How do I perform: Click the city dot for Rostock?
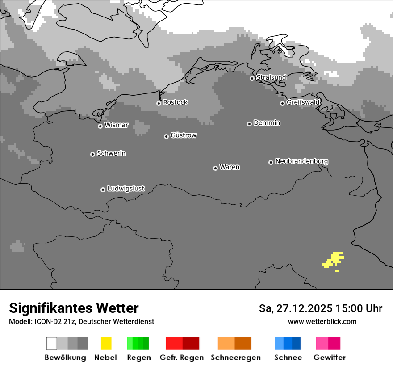tap(159, 103)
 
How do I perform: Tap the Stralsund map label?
tap(271, 77)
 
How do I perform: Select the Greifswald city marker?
tap(282, 103)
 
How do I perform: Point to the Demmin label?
tap(267, 122)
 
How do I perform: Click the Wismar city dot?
tap(100, 126)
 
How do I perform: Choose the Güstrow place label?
tap(184, 135)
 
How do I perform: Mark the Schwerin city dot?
tap(92, 154)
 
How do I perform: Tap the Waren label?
tap(230, 167)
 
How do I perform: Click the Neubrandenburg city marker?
tap(271, 162)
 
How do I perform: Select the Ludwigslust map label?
tap(125, 188)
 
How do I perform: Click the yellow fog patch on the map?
tap(333, 260)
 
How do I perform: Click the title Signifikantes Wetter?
tap(74, 308)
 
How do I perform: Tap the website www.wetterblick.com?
tap(322, 321)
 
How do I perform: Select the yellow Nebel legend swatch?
tap(106, 343)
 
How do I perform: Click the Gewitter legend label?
tap(330, 358)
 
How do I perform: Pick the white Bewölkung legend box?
tap(52, 343)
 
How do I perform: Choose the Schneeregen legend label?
tap(235, 358)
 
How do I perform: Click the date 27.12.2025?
tap(304, 308)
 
